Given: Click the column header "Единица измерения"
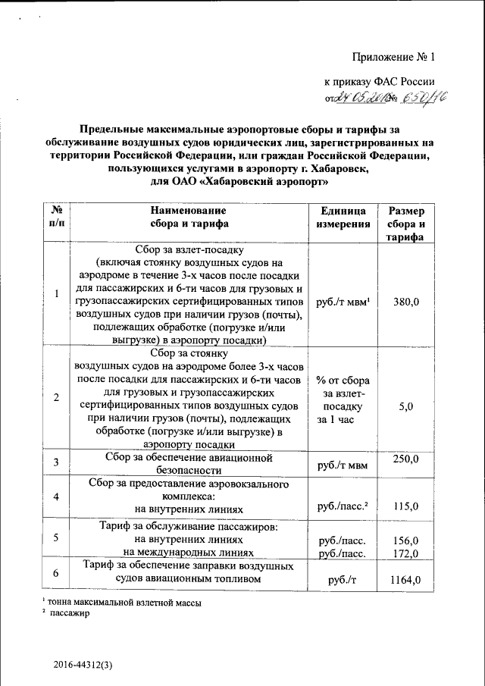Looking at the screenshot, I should tap(343, 217).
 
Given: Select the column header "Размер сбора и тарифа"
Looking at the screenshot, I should tap(405, 223).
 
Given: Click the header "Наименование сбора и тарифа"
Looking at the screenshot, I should tap(189, 217).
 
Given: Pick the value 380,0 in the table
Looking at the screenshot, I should tap(405, 302).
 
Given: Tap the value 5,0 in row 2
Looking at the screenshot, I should tap(405, 407).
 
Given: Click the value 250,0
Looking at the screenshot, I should tap(405, 459).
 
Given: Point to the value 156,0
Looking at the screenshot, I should tap(405, 540).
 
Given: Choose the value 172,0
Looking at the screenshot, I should tap(405, 553).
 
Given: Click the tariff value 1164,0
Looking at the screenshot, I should tap(405, 581).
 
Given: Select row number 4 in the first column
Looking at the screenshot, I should tap(56, 496).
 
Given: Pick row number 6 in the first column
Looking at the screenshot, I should tap(56, 574).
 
